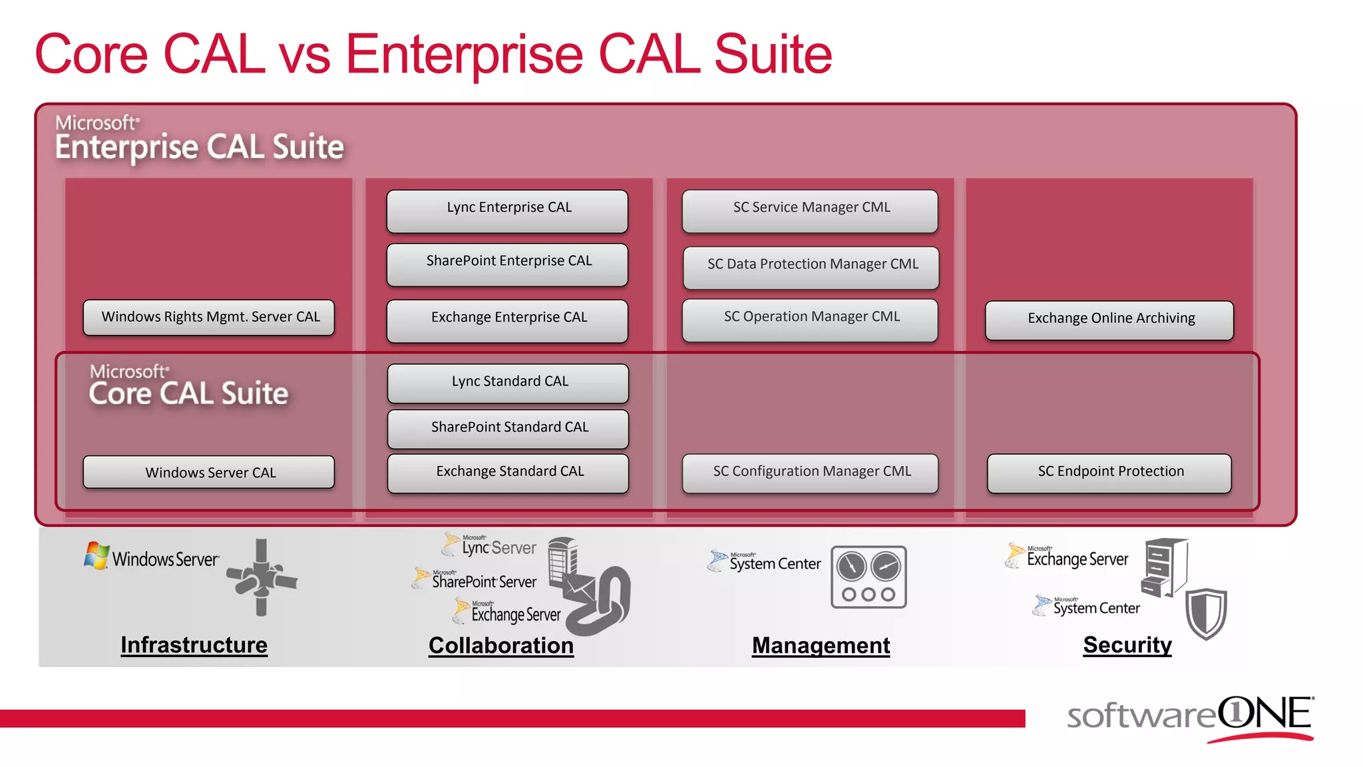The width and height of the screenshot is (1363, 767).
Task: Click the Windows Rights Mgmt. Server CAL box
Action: [209, 318]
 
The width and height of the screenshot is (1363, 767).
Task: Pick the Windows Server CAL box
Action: [209, 472]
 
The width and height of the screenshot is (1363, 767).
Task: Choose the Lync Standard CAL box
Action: [508, 383]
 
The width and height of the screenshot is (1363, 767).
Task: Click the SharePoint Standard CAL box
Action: [508, 428]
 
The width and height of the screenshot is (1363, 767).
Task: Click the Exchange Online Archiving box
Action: [1109, 320]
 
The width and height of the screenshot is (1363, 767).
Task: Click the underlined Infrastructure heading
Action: [194, 644]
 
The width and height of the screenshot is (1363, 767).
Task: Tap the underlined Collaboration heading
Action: [500, 645]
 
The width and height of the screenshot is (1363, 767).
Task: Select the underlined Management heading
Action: [821, 645]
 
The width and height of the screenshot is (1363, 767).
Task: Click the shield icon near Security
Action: [1205, 613]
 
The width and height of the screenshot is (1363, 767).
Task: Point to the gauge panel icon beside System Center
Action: [869, 577]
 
